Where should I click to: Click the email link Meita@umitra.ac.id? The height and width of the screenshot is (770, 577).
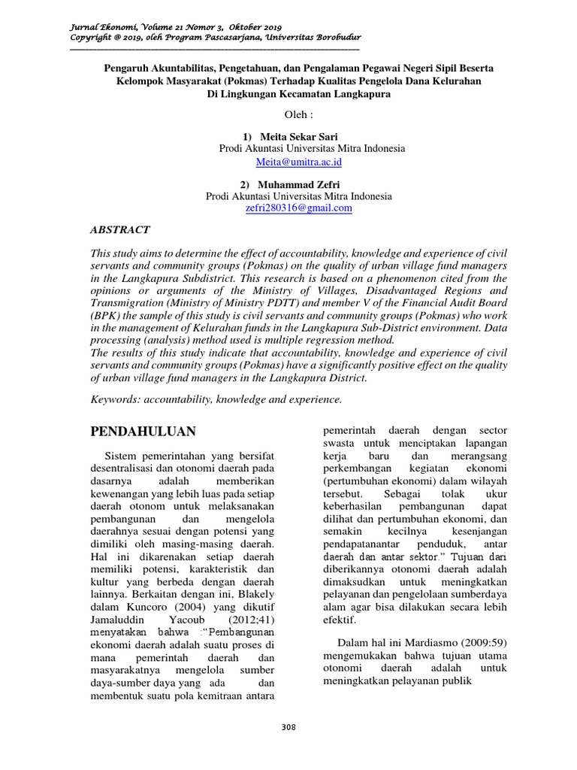coord(298,162)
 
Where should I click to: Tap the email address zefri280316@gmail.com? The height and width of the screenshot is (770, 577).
coord(299,208)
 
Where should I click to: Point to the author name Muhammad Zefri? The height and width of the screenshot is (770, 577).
coord(298,184)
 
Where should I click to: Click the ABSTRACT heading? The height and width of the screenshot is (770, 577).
coord(120,230)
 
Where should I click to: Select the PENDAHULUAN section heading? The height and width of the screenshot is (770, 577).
coord(143,431)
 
